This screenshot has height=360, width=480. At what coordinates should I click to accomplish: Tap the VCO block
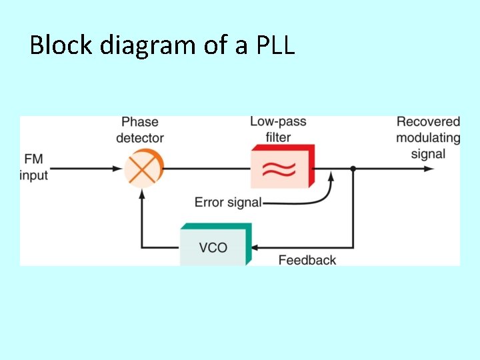click(215, 245)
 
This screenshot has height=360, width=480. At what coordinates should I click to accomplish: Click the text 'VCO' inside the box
click(213, 247)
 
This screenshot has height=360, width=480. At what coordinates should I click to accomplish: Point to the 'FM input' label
click(34, 167)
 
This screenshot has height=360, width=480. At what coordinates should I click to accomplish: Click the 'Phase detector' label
click(140, 129)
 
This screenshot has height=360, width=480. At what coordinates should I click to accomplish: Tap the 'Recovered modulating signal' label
click(428, 137)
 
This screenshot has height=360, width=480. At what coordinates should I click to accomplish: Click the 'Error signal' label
click(227, 202)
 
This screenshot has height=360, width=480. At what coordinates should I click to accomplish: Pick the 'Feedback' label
click(307, 260)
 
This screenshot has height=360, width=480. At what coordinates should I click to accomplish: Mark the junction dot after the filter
click(353, 169)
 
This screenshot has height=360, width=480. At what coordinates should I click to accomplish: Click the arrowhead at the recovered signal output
click(429, 169)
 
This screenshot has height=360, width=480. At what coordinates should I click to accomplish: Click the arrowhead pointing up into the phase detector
click(142, 193)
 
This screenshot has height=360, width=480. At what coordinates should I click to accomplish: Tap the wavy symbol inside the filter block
click(278, 170)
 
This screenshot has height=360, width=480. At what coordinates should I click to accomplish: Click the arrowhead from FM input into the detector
click(118, 169)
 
